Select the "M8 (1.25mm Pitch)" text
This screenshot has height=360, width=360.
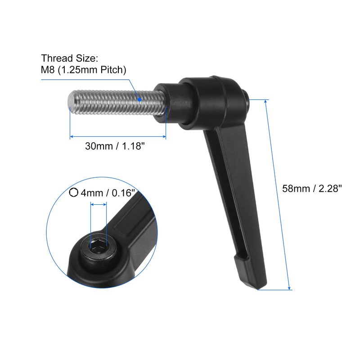pos(84,70)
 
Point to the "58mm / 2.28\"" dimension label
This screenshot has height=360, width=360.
pos(312,189)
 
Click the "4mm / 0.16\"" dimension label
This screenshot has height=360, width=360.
pos(108,193)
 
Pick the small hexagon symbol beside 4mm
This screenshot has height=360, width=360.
pos(74,193)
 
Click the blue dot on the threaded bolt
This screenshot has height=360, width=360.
pos(140,99)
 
